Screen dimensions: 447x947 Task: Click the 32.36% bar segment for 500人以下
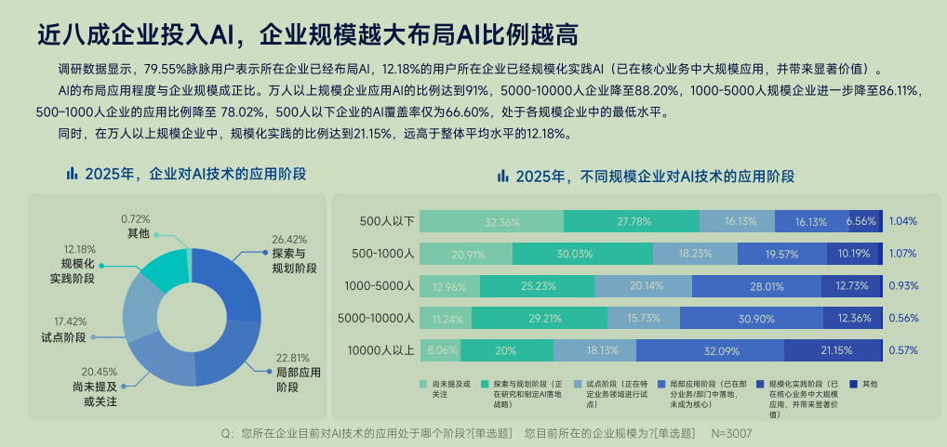pyautogui.click(x=491, y=221)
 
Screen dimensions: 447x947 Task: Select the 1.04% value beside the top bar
pyautogui.click(x=902, y=221)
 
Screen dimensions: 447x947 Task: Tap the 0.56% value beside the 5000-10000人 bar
pyautogui.click(x=902, y=318)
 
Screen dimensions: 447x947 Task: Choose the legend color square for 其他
pyautogui.click(x=852, y=383)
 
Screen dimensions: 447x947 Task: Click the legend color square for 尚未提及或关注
pyautogui.click(x=423, y=383)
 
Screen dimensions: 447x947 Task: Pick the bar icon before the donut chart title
pyautogui.click(x=71, y=174)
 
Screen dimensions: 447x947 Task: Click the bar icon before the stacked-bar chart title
pyautogui.click(x=502, y=175)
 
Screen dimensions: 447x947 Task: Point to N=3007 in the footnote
pyautogui.click(x=732, y=433)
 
